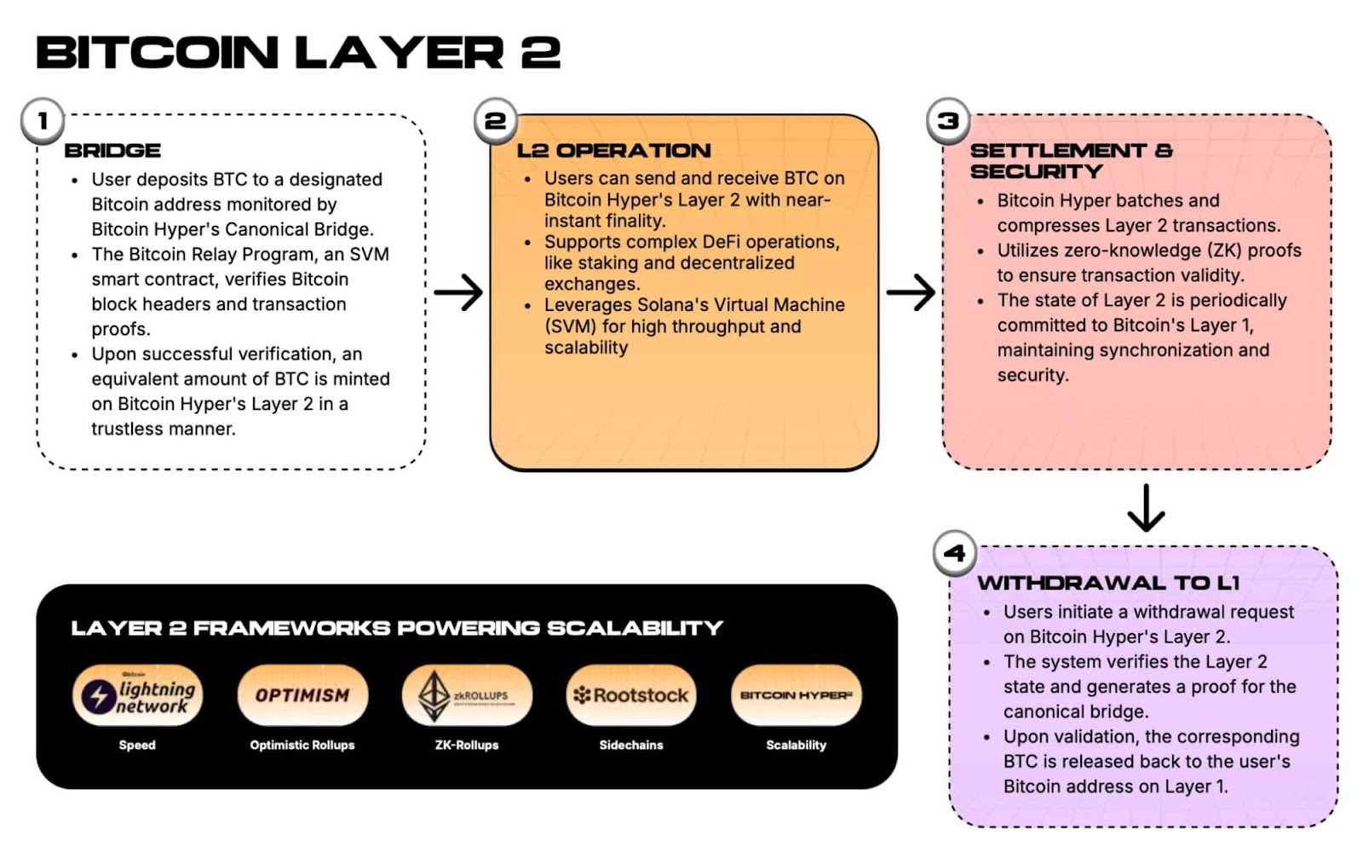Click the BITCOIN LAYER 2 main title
298,53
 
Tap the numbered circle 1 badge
43,121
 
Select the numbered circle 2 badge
495,121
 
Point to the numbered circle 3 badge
948,121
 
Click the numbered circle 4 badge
954,553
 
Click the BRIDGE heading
112,151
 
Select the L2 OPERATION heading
613,151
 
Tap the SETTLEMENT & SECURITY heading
1070,161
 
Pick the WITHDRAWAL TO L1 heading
1108,583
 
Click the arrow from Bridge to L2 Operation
458,293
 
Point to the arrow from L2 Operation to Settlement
911,293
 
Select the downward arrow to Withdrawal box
1146,508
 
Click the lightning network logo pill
137,695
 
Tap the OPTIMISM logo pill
302,695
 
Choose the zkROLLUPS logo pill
467,695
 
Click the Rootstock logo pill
631,695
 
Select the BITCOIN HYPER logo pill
796,695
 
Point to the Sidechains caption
631,745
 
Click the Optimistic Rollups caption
302,745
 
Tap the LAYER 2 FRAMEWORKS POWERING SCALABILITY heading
397,628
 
